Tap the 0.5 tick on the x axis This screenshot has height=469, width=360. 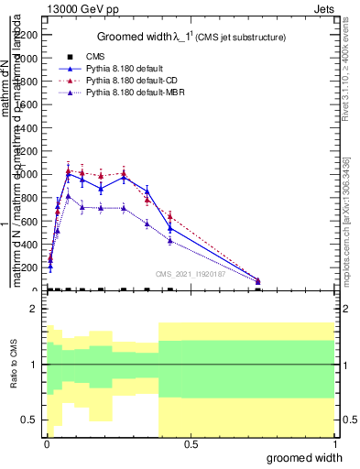191,444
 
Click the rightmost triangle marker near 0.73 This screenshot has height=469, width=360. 258,280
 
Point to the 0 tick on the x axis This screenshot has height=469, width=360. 47,444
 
